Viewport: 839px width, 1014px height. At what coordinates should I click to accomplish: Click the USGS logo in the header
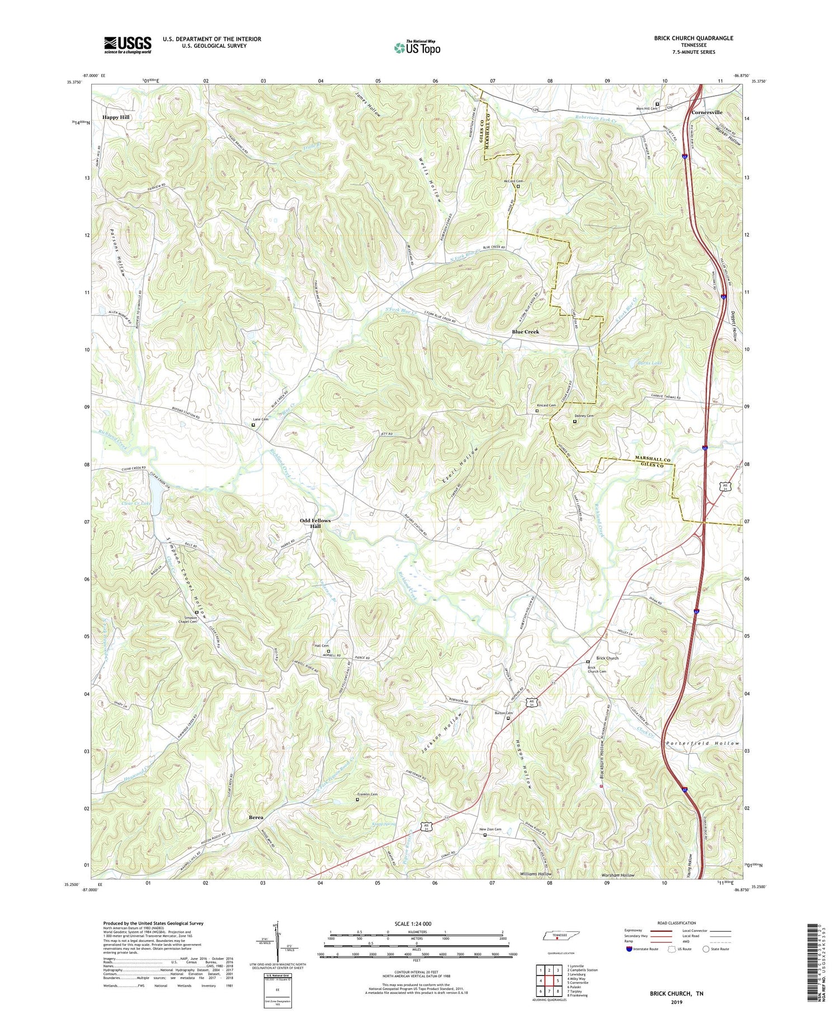coord(128,45)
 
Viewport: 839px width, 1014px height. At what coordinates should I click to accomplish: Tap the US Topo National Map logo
coord(417,48)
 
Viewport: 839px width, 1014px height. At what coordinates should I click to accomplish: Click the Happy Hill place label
coord(116,117)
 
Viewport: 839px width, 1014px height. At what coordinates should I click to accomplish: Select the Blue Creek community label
coord(525,332)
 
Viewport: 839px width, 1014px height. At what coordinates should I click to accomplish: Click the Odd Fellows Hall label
coord(315,523)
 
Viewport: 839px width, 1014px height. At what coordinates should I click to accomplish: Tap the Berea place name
coord(256,817)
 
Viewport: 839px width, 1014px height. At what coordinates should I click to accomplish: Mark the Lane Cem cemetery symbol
coord(253,425)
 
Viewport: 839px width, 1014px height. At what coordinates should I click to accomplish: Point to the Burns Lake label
coord(649,363)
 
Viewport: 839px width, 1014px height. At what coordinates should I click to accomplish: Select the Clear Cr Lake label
coord(136,503)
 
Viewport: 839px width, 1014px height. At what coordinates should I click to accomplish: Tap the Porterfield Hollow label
coord(703,743)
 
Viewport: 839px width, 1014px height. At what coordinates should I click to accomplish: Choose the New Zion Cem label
coord(490,829)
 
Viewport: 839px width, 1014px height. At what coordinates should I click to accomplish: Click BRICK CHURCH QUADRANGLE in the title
coord(686,38)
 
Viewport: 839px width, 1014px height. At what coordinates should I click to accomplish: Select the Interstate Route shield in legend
coord(629,949)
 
